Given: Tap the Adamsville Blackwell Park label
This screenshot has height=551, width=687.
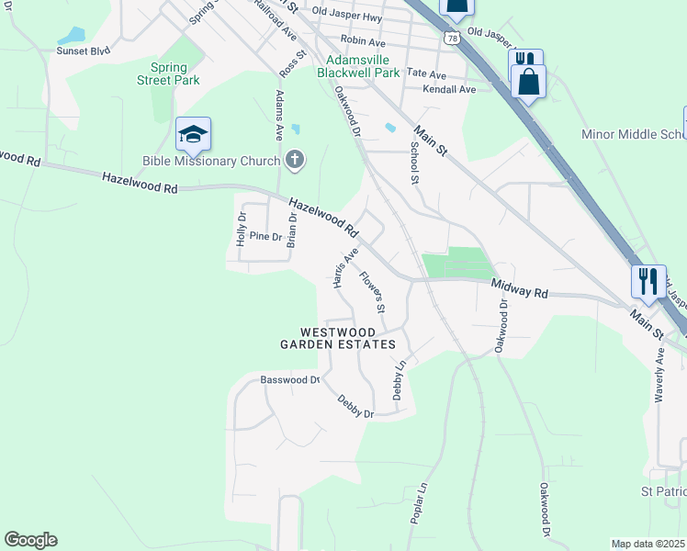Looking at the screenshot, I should (358, 65).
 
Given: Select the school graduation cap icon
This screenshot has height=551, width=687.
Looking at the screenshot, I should (193, 135).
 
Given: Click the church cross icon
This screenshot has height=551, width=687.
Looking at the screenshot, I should (295, 161).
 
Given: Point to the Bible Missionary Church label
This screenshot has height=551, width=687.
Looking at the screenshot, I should (211, 162).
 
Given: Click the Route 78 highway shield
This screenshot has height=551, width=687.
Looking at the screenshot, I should (449, 39).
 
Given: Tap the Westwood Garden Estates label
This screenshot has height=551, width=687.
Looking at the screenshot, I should (337, 338).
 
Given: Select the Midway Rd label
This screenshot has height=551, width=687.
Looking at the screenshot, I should (519, 289).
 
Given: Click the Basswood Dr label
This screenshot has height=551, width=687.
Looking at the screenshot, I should (289, 378).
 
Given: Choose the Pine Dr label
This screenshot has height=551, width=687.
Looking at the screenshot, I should (265, 236).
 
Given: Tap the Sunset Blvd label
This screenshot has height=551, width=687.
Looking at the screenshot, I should (83, 51).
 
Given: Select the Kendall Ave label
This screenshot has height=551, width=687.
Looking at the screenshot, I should (449, 89).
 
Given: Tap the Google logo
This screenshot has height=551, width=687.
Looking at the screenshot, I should (30, 540).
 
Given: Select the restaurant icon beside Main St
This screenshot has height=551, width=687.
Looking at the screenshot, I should (648, 281).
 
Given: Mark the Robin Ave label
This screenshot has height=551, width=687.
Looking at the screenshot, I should (363, 41).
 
